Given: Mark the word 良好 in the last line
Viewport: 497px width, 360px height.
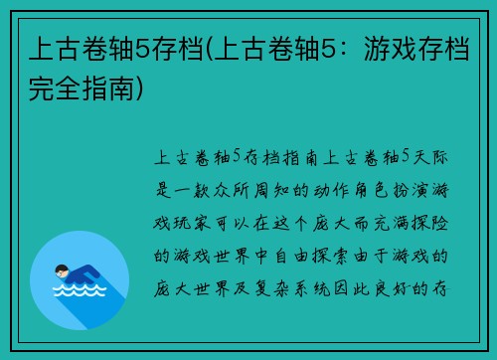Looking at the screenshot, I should (405, 289).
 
